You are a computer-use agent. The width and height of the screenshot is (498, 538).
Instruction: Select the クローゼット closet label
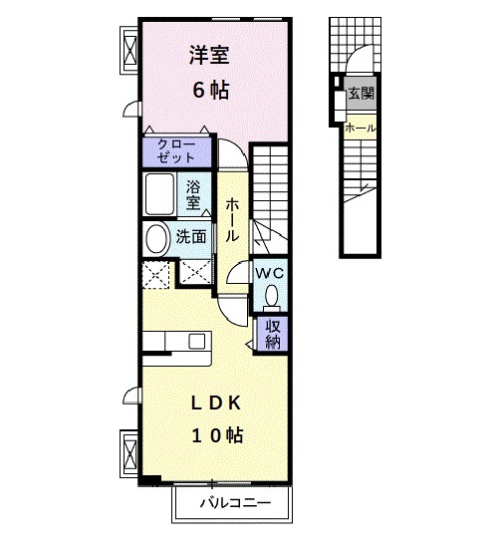tap(176, 151)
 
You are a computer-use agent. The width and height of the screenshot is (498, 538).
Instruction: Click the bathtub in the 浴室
tap(159, 194)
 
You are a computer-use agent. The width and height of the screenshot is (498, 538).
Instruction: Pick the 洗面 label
tap(192, 237)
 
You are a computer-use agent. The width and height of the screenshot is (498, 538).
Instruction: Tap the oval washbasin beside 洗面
tap(157, 238)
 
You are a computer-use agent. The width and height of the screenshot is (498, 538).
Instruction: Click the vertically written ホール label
tap(232, 220)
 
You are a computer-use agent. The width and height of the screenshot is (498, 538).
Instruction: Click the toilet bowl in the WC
tap(270, 295)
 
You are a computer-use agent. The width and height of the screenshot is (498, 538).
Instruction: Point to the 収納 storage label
tap(272, 333)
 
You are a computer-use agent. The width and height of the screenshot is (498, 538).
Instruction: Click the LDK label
tap(215, 403)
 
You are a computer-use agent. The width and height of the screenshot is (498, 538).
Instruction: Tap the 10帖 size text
tap(217, 435)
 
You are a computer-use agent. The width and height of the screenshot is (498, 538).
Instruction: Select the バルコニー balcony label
tap(234, 502)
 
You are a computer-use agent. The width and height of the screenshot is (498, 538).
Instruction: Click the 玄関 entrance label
tap(361, 95)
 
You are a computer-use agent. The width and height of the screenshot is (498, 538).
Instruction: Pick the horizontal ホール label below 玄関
tap(360, 128)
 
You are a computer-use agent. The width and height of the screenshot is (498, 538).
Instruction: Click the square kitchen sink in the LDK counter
tap(196, 342)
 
